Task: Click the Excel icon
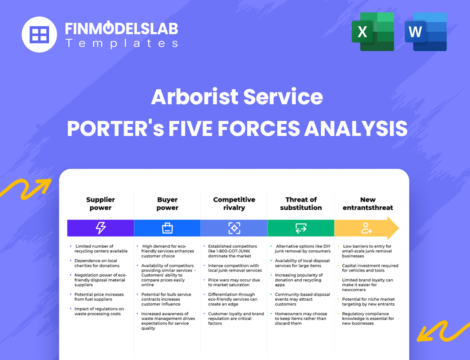[x=373, y=32]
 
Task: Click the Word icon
[x=426, y=32]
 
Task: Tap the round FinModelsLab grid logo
[x=39, y=34]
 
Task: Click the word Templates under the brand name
[x=121, y=43]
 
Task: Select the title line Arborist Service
[x=237, y=97]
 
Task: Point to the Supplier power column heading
[x=100, y=204]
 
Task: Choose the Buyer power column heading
[x=167, y=204]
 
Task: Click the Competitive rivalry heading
[x=234, y=204]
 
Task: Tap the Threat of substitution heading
[x=301, y=204]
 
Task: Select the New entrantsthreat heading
[x=367, y=204]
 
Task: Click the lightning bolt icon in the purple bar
[x=100, y=228]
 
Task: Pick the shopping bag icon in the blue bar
[x=167, y=228]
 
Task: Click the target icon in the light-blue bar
[x=234, y=228]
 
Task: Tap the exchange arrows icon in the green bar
[x=301, y=228]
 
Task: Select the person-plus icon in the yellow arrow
[x=367, y=228]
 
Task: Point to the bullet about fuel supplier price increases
[x=99, y=297]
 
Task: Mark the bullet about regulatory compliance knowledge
[x=368, y=319]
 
